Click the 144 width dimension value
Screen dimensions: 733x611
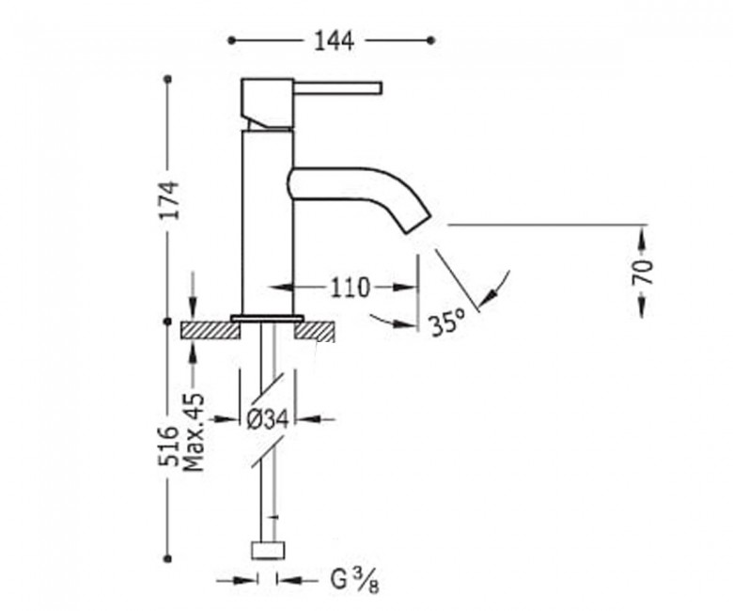[x=334, y=41]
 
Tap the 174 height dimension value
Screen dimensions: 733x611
[x=168, y=199]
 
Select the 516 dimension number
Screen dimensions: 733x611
[x=168, y=446]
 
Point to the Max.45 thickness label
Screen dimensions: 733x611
[x=194, y=432]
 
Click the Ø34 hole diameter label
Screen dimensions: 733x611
[x=268, y=419]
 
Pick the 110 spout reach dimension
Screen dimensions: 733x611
[x=350, y=288]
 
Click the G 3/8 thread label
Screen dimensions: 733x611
[x=355, y=581]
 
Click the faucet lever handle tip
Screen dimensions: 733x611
[x=380, y=88]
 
